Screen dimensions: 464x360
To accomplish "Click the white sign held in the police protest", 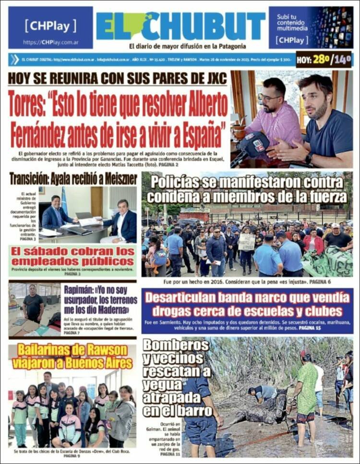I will point(246,241).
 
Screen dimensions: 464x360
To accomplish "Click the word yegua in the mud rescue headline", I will point(163,384).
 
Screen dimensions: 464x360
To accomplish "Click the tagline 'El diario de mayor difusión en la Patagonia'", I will point(187,47).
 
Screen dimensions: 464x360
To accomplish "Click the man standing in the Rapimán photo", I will point(33,304).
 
